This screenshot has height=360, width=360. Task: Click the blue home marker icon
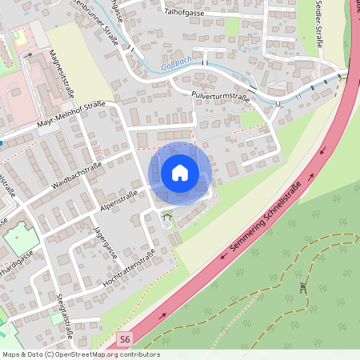(180, 172)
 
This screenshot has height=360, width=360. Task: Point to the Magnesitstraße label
(58, 72)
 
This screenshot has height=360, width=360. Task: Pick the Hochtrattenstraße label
(129, 270)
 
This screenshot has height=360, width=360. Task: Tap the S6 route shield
(124, 339)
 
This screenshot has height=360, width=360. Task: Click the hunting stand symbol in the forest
(303, 287)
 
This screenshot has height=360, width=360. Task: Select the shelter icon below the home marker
(167, 215)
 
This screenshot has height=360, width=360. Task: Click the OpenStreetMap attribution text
(80, 354)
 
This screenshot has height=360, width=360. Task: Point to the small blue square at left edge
(2, 142)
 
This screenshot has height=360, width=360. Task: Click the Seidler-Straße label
(318, 24)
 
